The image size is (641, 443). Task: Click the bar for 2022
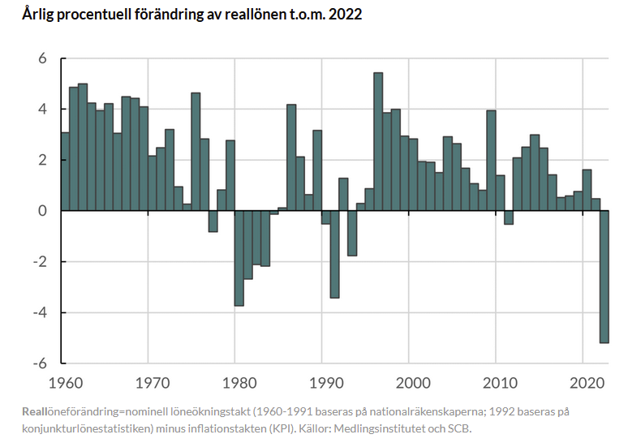click(x=604, y=277)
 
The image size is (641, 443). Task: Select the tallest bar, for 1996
click(x=378, y=142)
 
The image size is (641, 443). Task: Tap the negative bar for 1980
click(x=239, y=258)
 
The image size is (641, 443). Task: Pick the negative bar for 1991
click(x=335, y=254)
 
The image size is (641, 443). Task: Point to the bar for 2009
click(x=492, y=161)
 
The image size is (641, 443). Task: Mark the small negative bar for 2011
click(x=509, y=217)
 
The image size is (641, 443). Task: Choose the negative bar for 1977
click(x=213, y=221)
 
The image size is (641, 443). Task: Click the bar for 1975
click(x=196, y=152)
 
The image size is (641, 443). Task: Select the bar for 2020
click(x=587, y=190)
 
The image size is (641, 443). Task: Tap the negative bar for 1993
click(x=352, y=233)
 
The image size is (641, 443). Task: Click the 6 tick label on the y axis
click(x=42, y=58)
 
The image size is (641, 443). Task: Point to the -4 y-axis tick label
click(x=40, y=312)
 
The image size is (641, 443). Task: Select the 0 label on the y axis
click(x=42, y=211)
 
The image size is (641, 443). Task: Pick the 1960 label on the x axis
click(x=66, y=383)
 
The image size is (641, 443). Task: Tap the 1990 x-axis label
click(x=326, y=383)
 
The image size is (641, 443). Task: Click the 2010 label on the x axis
click(x=500, y=383)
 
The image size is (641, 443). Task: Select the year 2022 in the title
click(x=345, y=15)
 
